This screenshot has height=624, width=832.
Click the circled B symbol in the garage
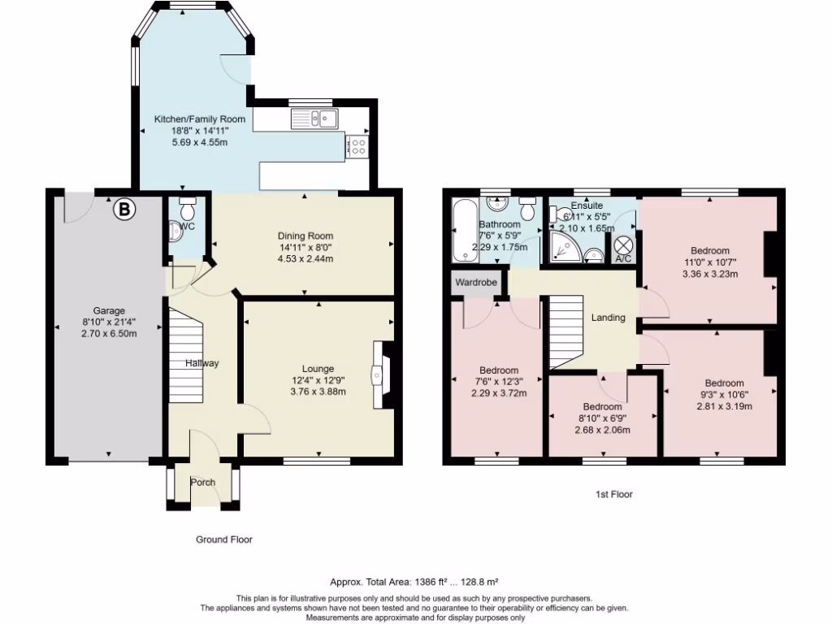(124, 209)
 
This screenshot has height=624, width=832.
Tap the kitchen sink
(314, 119)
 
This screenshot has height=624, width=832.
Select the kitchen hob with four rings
(357, 146)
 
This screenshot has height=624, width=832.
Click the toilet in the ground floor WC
(188, 209)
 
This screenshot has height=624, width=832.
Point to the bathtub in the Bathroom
(466, 231)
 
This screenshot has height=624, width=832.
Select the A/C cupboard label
(623, 258)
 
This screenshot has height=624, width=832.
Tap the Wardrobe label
(476, 282)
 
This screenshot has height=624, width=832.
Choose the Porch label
(202, 483)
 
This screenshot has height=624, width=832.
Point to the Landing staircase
(566, 332)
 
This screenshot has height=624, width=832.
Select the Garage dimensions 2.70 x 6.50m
(109, 334)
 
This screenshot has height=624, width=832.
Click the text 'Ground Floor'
(224, 539)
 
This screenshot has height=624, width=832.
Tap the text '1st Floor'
(614, 495)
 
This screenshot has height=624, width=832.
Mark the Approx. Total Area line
(414, 582)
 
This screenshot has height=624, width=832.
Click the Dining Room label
(305, 236)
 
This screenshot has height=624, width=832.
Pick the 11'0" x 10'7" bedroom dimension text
(710, 262)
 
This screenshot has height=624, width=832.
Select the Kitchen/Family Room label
(200, 119)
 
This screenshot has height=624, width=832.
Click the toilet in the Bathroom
(527, 208)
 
